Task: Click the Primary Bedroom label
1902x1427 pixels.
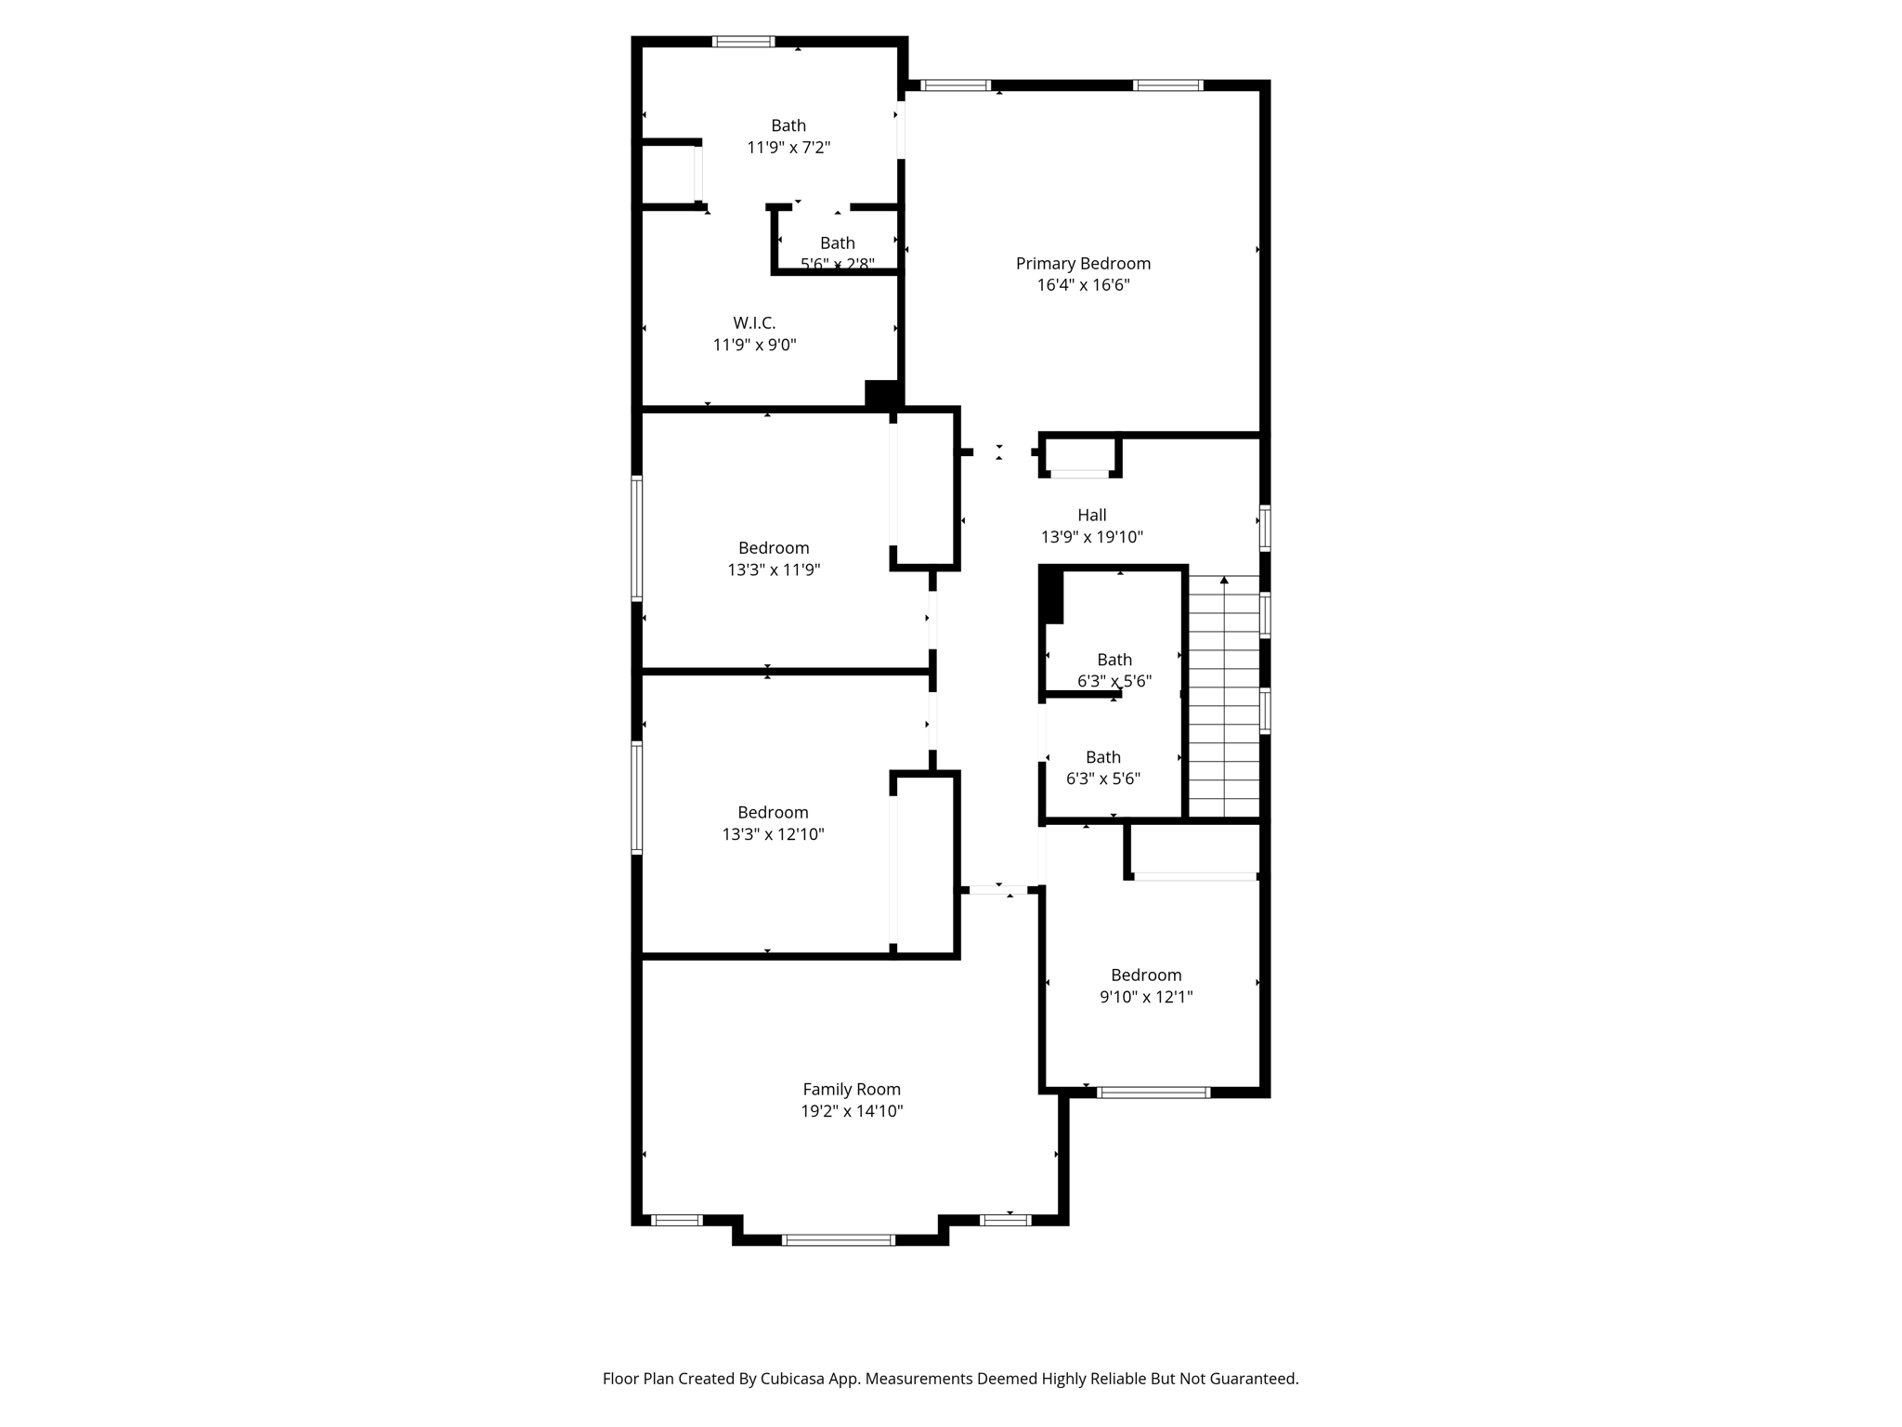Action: click(1083, 264)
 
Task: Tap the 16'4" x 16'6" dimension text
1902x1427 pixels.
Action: click(1083, 285)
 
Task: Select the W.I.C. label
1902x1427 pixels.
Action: click(754, 323)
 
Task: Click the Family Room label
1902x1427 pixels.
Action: click(852, 1089)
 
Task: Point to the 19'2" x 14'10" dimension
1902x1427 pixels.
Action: click(852, 1111)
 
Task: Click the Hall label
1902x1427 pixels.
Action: click(1091, 515)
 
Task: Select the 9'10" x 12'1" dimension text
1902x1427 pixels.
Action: click(1146, 997)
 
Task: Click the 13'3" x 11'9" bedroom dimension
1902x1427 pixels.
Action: click(774, 569)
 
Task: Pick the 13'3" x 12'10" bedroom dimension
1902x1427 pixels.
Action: click(773, 834)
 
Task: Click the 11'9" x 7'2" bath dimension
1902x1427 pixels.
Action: click(788, 147)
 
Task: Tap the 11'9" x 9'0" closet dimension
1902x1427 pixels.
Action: click(754, 345)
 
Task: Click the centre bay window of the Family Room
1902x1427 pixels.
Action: click(839, 1239)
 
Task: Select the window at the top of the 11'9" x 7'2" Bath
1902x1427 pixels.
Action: click(743, 41)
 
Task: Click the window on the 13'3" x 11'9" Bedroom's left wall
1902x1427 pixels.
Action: click(637, 538)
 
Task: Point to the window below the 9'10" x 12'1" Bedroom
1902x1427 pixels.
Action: click(1153, 1093)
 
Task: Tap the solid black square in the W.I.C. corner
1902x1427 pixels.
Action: click(880, 393)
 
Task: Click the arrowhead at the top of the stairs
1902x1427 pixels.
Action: click(1224, 581)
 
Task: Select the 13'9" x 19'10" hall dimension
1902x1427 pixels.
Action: click(1091, 537)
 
